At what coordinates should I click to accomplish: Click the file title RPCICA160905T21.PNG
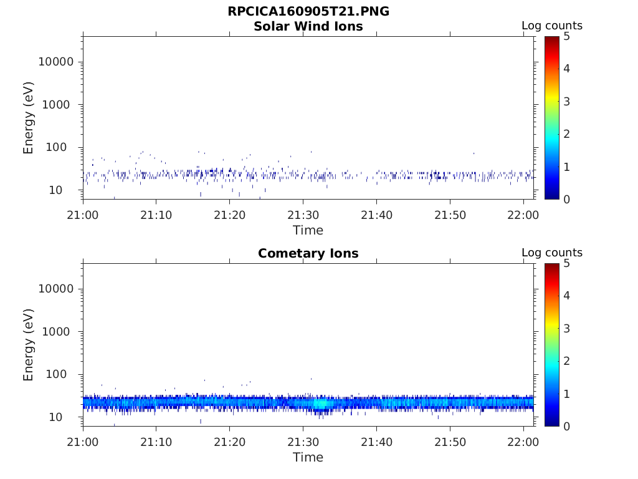(308, 11)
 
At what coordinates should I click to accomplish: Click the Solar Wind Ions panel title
(308, 26)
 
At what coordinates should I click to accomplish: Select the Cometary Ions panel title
(308, 253)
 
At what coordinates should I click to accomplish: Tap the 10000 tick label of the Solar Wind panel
(56, 62)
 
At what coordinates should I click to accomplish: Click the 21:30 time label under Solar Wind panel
(303, 215)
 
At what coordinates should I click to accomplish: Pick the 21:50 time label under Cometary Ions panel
(450, 442)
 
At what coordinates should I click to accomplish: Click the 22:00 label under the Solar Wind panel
(523, 215)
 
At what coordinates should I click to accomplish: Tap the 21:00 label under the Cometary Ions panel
(83, 442)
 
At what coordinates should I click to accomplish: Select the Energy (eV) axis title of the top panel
(28, 118)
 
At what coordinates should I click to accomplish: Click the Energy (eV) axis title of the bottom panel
(28, 345)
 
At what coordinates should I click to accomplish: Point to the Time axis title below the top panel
(308, 231)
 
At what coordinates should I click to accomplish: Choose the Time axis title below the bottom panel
(308, 457)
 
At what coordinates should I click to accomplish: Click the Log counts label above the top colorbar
(552, 26)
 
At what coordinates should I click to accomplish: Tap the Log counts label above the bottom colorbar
(552, 253)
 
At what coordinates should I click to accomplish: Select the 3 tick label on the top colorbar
(566, 102)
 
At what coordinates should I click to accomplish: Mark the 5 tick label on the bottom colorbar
(566, 264)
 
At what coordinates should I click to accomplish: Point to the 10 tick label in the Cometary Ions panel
(55, 417)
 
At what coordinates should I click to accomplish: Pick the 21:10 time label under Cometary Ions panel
(156, 442)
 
